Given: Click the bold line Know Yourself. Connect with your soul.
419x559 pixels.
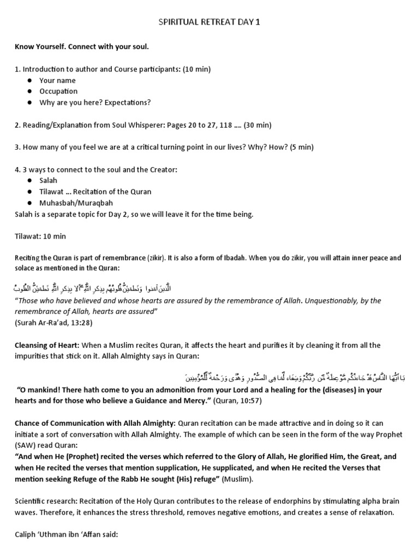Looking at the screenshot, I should tap(82, 47).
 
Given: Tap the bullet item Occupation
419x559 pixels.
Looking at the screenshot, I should tap(58, 91).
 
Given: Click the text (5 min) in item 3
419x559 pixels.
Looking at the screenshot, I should tap(302, 147).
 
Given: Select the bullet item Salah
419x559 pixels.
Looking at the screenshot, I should tap(48, 181).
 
